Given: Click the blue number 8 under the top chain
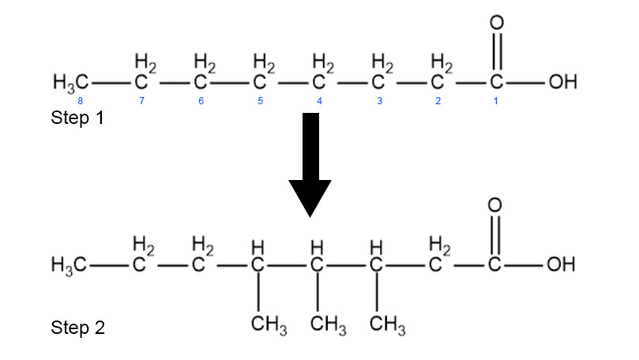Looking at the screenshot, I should tap(81, 102).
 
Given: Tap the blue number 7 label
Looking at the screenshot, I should tap(141, 102).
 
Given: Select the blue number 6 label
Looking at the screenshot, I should tap(201, 102).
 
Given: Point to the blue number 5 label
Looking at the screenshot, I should tap(260, 102).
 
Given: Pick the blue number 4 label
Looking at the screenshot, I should tap(319, 102).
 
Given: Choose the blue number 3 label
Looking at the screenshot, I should tap(379, 102).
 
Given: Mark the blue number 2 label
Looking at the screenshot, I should tap(438, 102).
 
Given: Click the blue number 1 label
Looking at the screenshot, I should tap(496, 102).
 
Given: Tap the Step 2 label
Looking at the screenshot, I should tap(77, 328).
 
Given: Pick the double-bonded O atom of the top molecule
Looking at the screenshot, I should tap(497, 22).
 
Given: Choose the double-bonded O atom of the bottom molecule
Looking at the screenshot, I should tap(497, 204).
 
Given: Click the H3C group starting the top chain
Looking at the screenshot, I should tap(70, 82).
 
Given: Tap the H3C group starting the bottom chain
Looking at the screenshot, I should tap(70, 264).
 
